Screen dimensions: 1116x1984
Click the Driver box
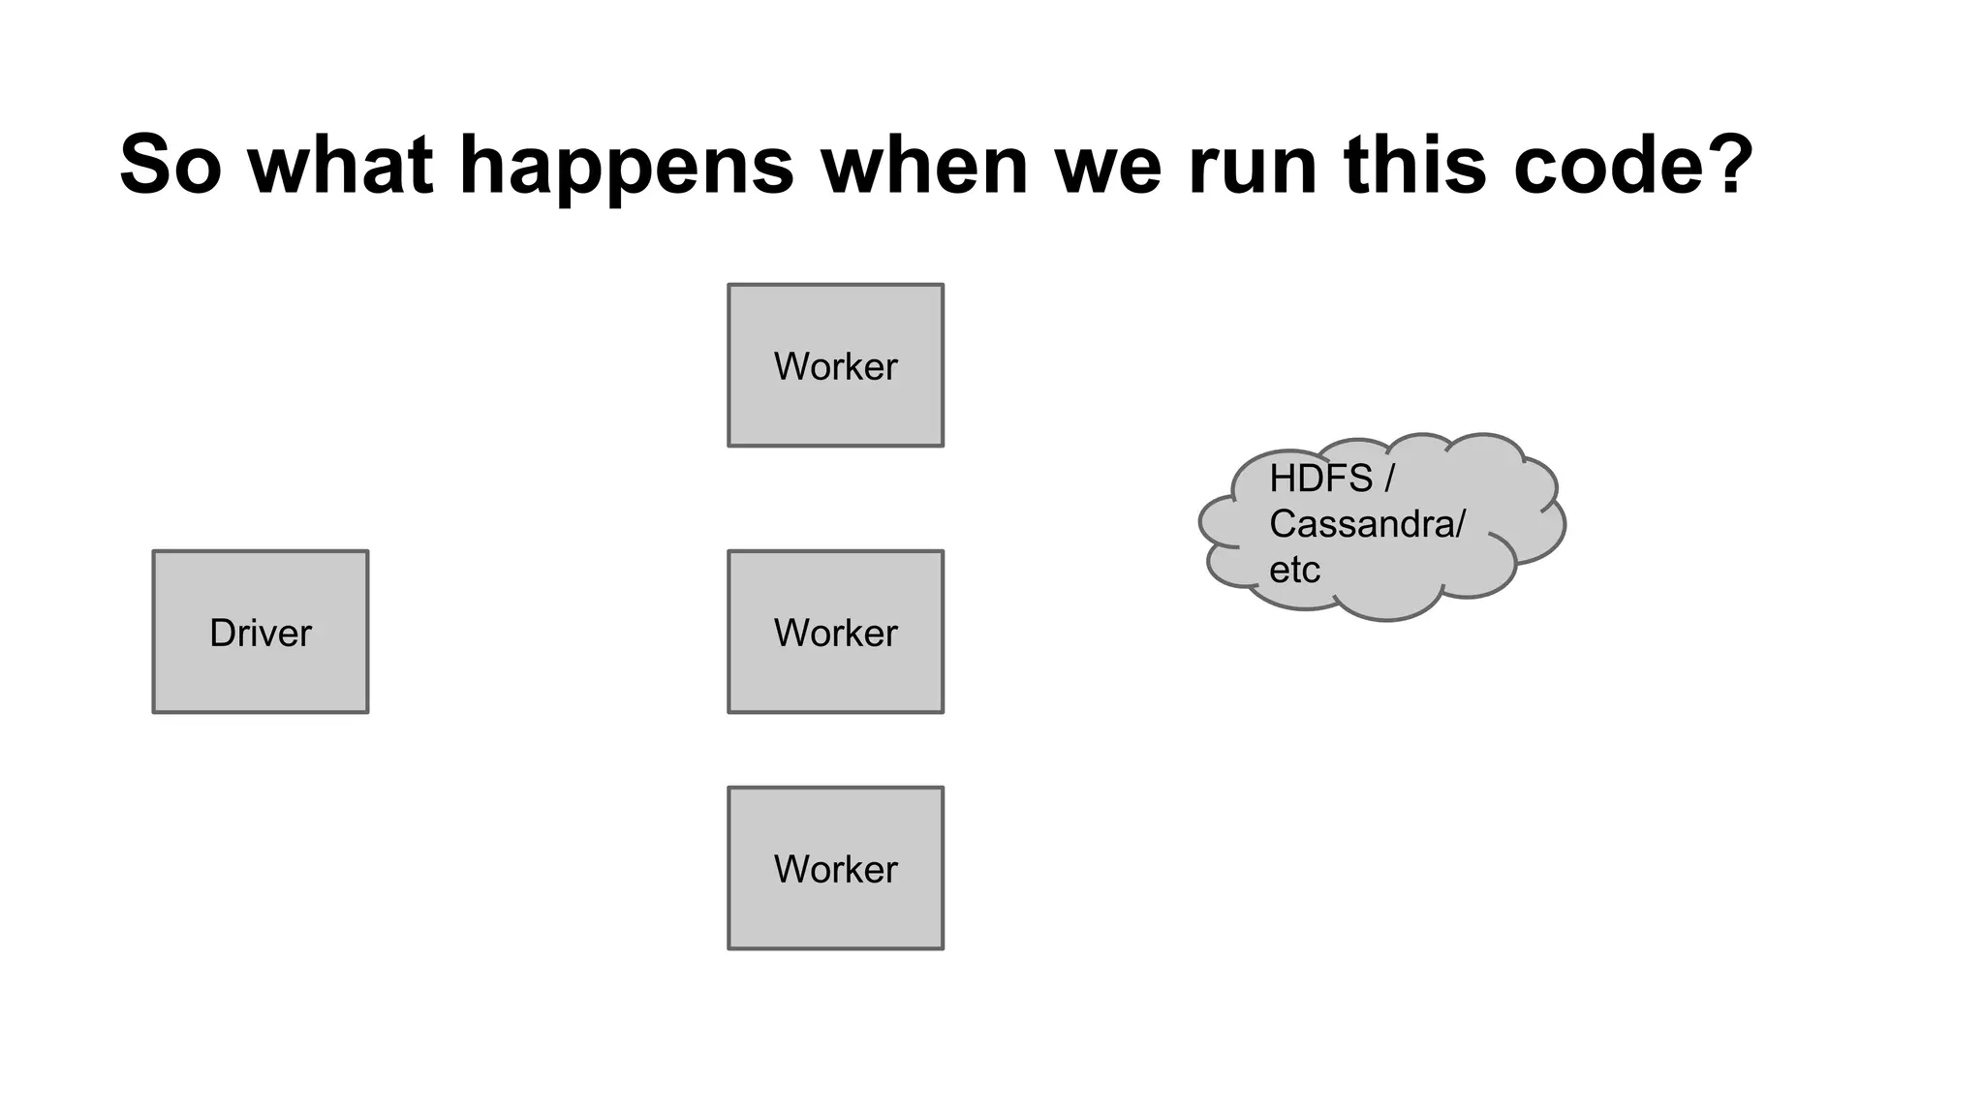[x=260, y=632]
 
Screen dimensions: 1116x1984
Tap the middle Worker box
[x=835, y=632]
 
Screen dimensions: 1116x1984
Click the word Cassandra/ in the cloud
[x=1367, y=524]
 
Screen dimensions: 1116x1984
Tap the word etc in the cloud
[x=1294, y=570]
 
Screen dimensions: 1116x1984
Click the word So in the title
[x=170, y=165]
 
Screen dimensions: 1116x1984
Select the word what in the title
[x=340, y=165]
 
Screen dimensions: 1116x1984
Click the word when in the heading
[x=925, y=165]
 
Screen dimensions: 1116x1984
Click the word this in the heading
[x=1414, y=165]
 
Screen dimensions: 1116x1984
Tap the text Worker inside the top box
[x=835, y=366]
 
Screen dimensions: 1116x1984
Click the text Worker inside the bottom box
[x=835, y=869]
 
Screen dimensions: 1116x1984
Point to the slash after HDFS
[x=1389, y=479]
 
